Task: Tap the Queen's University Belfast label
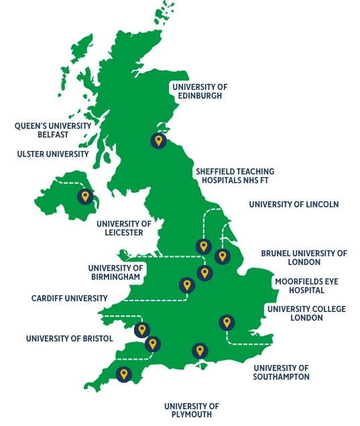53,129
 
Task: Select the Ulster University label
53,154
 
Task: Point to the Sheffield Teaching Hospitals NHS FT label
235,176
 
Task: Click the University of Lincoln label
294,205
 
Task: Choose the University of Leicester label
124,228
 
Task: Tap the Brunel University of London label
304,258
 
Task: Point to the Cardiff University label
70,299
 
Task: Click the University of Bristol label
70,339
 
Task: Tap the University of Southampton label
281,372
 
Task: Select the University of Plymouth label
192,411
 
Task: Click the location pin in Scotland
158,141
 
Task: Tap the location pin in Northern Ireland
84,197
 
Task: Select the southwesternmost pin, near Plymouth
123,374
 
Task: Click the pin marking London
227,323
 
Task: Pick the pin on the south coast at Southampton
199,351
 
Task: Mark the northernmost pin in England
202,246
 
